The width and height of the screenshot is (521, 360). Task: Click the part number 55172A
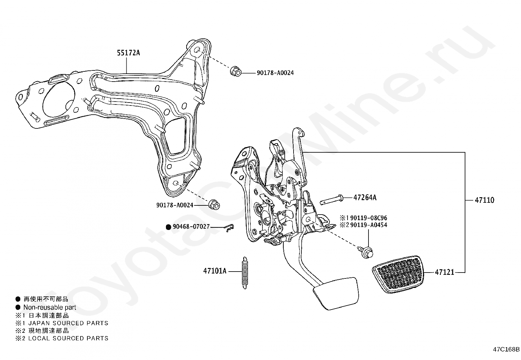(128, 53)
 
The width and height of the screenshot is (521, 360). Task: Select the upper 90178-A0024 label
(275, 73)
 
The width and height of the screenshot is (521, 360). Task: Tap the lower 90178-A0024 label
(174, 205)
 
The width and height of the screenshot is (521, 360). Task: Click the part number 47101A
(214, 271)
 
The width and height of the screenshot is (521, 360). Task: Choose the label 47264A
(365, 198)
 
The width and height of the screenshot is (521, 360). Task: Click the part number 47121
(444, 272)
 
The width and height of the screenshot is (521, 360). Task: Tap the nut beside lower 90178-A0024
(214, 205)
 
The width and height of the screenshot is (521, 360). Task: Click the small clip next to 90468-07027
(230, 227)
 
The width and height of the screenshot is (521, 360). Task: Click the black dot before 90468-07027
(169, 227)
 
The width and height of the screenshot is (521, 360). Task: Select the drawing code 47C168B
(506, 349)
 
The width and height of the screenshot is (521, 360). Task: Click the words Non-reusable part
(49, 307)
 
